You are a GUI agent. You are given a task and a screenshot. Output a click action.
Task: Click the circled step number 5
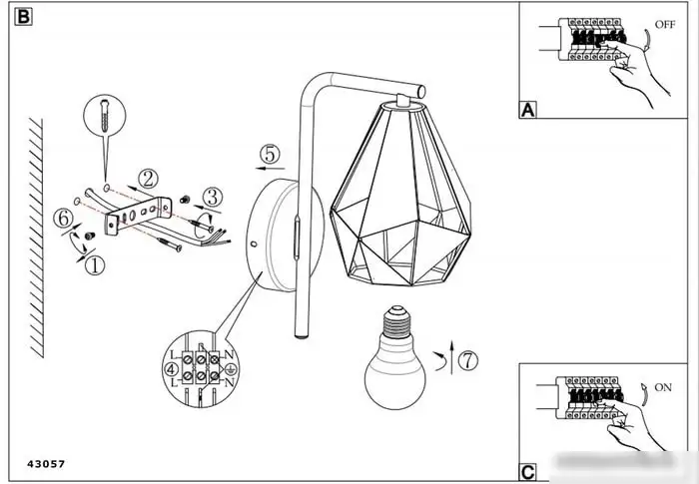pos(271,155)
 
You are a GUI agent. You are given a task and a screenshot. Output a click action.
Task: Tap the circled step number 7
pos(468,360)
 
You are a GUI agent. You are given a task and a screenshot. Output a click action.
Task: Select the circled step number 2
pos(148,179)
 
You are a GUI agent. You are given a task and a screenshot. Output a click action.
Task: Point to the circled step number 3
pos(213,197)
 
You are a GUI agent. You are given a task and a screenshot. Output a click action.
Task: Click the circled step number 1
pos(95,265)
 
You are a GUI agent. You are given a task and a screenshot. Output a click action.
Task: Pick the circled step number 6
pos(63,219)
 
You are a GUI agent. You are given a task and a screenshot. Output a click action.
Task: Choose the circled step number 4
pos(171,369)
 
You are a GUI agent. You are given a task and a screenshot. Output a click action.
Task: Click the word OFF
pos(665,25)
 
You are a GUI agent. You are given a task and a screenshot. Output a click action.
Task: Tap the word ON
pos(662,388)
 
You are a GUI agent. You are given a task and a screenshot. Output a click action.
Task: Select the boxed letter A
pos(528,110)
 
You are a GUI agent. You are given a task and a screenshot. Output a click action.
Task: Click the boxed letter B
pos(23,17)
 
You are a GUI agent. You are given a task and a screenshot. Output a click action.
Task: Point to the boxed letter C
pos(527,472)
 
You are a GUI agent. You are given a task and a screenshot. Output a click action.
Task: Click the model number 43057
pos(46,464)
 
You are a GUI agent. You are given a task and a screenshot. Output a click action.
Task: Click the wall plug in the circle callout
pos(105,115)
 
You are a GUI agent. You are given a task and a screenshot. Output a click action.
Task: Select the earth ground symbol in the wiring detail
pos(231,369)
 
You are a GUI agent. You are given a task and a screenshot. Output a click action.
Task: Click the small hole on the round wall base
pos(254,243)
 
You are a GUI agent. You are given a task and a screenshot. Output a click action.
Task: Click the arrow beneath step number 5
pos(271,169)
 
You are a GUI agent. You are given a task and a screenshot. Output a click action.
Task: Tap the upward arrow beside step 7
pos(451,357)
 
